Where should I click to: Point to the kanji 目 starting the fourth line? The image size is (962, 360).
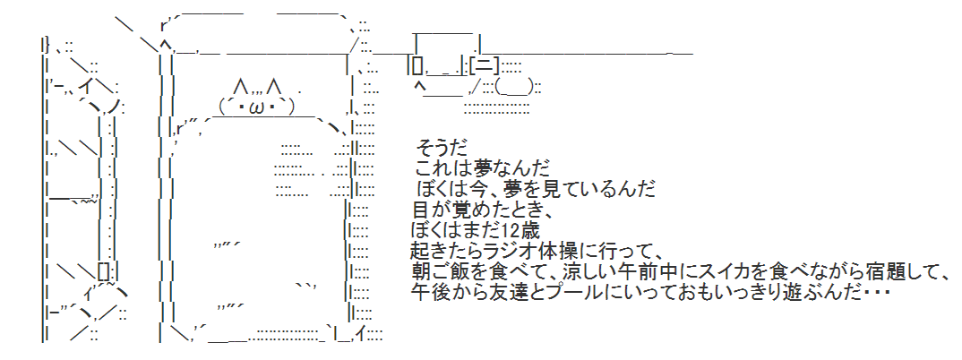click(x=418, y=210)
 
